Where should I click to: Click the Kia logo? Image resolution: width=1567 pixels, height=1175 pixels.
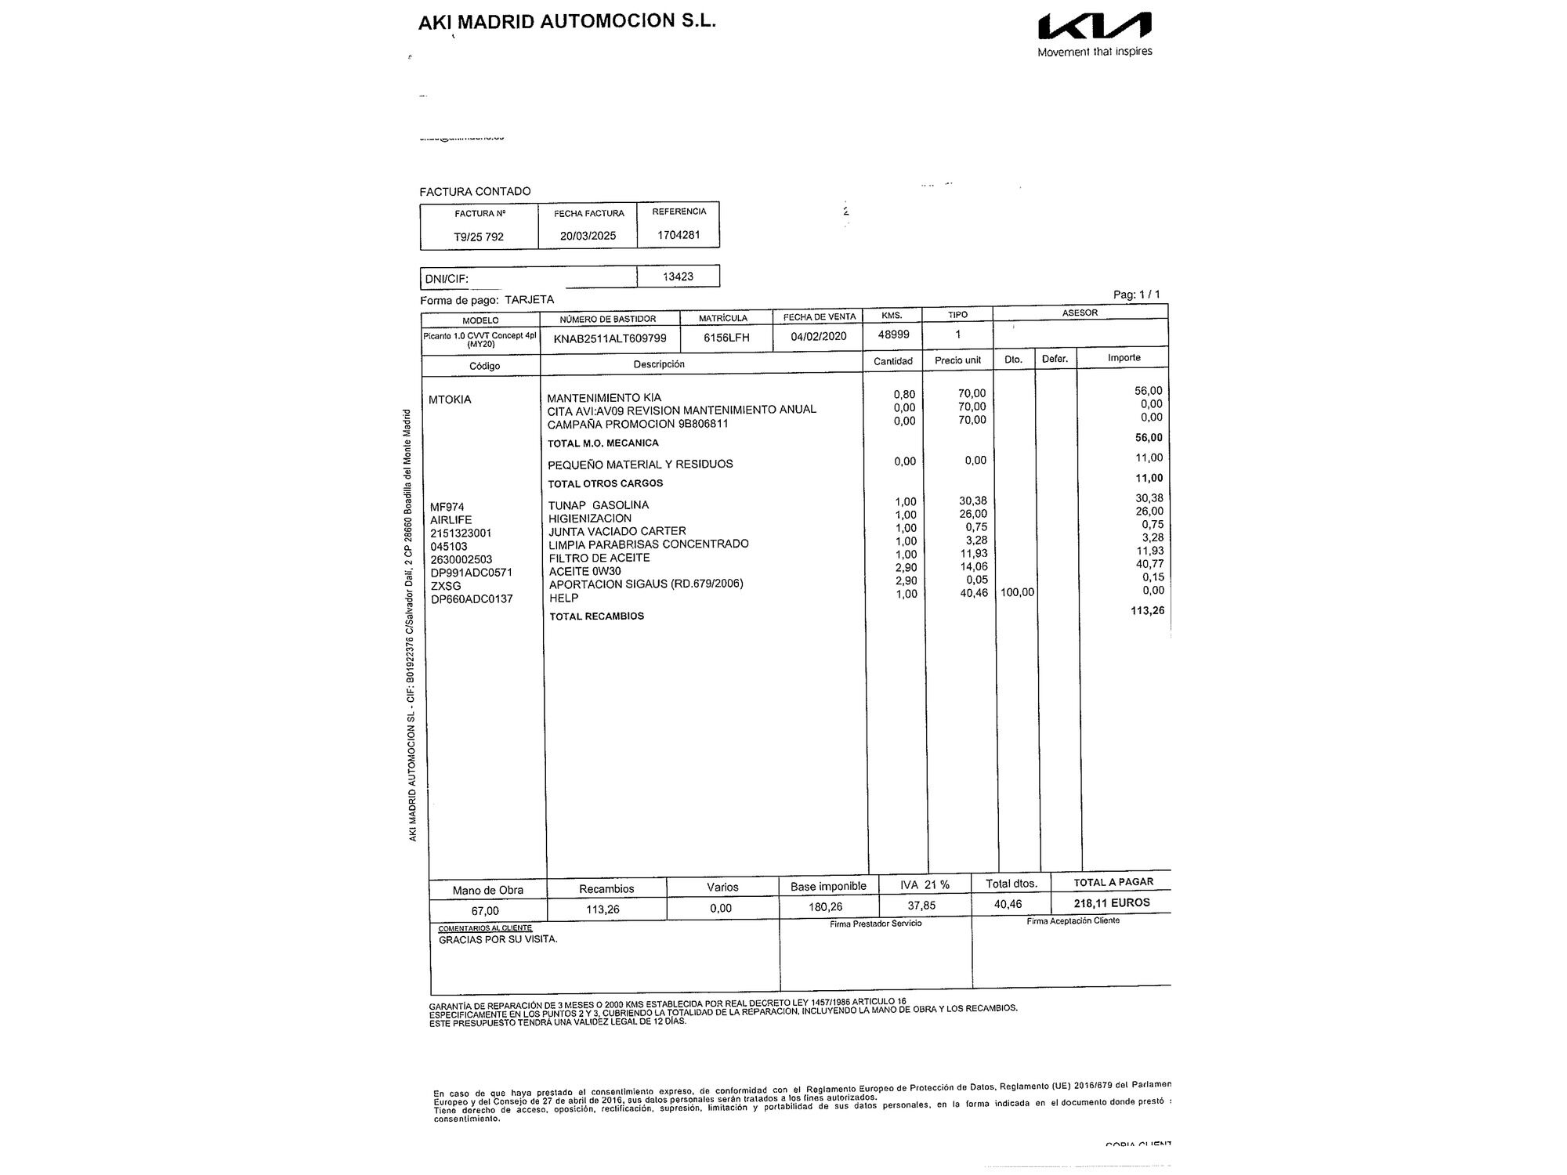[1095, 27]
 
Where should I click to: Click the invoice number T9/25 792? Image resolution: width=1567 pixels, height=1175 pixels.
[479, 237]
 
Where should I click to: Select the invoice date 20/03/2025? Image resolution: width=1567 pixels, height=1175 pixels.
[588, 236]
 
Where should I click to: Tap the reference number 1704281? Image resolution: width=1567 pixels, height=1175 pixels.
[679, 234]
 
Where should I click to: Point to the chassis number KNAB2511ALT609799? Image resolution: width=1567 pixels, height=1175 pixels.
[610, 338]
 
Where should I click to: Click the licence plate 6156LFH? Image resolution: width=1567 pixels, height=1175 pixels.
[726, 338]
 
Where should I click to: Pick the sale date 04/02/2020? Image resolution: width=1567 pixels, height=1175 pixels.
[819, 337]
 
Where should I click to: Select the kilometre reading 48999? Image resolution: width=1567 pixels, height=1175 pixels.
[893, 334]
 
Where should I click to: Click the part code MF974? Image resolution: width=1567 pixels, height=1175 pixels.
[447, 507]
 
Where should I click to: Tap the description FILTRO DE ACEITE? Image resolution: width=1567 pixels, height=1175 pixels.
[599, 558]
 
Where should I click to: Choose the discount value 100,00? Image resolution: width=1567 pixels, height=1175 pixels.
[1017, 592]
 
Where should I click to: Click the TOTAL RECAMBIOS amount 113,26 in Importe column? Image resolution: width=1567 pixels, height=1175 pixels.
[1147, 610]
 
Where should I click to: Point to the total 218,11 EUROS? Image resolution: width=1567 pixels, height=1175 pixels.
[1112, 902]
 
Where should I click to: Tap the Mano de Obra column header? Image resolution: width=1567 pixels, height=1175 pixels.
[487, 890]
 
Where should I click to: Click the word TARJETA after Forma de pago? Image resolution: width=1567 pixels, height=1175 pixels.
[529, 299]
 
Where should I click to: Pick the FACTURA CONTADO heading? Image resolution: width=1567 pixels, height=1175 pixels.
[475, 191]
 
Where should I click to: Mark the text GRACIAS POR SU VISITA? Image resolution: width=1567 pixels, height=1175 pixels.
[498, 939]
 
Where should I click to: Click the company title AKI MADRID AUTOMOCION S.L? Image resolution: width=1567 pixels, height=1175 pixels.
[567, 21]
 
